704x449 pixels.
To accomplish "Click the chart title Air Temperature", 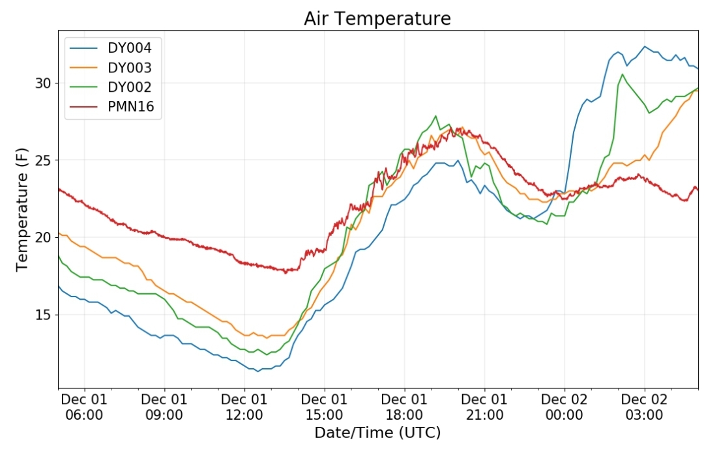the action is [377, 18].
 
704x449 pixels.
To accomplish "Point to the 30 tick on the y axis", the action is [44, 83].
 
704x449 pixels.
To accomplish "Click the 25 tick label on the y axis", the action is [44, 160].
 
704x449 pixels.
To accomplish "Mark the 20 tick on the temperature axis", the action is [44, 237].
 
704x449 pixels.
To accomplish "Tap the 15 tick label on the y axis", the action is [44, 314].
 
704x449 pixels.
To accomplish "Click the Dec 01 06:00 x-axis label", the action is [84, 407].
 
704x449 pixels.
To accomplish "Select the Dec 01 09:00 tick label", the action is [164, 407].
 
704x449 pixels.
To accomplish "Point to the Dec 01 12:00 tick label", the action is [244, 407].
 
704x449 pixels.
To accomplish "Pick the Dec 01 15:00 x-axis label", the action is [324, 407].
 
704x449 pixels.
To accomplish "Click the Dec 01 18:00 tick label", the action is [404, 407].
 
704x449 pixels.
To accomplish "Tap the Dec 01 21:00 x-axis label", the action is [484, 407].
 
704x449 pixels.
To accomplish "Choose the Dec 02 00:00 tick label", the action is [565, 407].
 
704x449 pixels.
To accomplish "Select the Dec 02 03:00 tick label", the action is [644, 407].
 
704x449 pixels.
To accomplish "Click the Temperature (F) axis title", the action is [22, 209].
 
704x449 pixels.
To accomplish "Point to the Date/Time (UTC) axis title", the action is [377, 433].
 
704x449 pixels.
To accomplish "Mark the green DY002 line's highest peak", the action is [623, 74].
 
